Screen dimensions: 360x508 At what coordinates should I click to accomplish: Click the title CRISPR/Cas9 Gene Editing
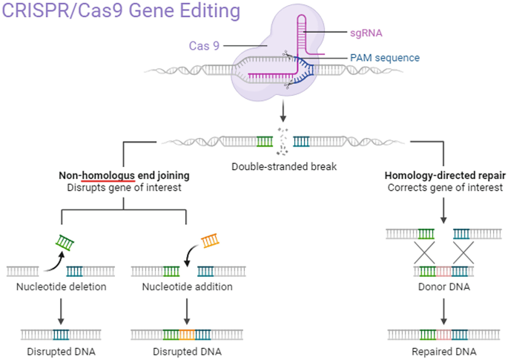coord(122,12)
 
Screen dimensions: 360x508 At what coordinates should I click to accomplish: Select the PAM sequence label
coord(385,58)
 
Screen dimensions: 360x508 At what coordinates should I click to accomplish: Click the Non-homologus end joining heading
coord(124,175)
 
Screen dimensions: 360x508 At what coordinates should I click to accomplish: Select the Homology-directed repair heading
coord(445,175)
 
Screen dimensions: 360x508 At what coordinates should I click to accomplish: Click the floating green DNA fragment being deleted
coord(67,243)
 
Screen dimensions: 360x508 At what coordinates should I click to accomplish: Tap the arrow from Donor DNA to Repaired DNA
coord(443,310)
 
